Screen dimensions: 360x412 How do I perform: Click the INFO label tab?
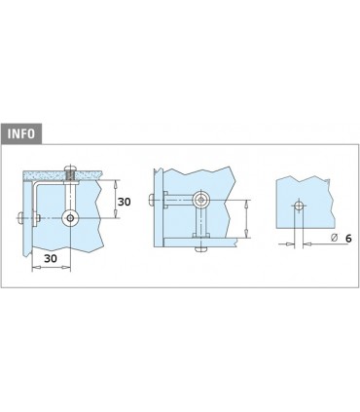(x=21, y=133)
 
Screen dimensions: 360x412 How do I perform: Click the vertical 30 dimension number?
(x=124, y=202)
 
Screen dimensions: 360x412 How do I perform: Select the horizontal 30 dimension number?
(x=51, y=258)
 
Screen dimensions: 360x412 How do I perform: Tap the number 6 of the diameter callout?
(x=348, y=239)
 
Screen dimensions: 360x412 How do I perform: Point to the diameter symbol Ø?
(x=335, y=238)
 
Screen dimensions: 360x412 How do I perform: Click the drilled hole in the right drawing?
(x=299, y=206)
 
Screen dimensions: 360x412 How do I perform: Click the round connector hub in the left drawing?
(x=70, y=218)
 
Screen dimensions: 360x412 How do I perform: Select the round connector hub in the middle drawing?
(x=201, y=200)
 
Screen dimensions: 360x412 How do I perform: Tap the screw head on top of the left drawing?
(x=71, y=169)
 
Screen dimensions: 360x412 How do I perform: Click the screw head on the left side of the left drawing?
(x=20, y=218)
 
